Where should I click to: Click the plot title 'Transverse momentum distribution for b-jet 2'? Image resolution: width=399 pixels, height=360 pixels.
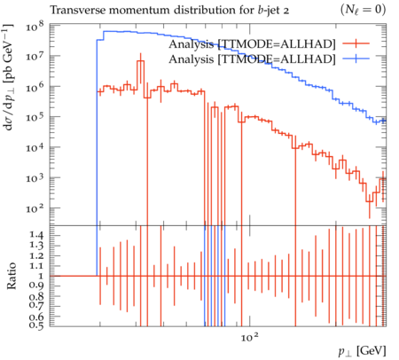coord(169,11)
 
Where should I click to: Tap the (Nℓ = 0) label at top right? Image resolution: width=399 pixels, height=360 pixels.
coord(363,10)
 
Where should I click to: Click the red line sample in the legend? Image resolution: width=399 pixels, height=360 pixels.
coord(356,43)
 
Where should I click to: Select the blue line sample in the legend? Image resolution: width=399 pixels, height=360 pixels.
coord(356,59)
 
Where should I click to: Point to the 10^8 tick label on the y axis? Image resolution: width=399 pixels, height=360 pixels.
coord(35,27)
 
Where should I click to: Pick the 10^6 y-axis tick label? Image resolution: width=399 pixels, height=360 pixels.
coord(35,87)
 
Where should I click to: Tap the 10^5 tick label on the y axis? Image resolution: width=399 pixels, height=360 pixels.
coord(35,117)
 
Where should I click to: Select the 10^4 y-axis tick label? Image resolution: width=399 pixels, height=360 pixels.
coord(35,147)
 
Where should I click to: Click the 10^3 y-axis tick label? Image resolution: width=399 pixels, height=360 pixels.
coord(35,178)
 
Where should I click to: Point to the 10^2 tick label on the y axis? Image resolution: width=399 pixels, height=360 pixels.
coord(35,208)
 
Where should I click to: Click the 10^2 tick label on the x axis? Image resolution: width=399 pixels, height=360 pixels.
coord(250,336)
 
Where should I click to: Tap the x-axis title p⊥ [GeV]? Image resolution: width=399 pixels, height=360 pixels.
coord(362,351)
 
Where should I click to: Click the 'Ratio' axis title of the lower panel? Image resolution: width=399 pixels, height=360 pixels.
coord(12,276)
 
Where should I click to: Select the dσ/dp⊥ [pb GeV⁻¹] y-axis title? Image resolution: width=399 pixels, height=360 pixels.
coord(8,77)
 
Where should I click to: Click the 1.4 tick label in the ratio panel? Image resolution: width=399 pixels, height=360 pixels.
coord(36,235)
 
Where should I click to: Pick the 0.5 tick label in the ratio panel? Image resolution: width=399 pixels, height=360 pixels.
coord(36,325)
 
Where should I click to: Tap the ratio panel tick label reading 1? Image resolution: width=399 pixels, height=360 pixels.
coord(41,276)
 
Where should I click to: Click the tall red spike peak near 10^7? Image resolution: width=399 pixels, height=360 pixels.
coord(141,61)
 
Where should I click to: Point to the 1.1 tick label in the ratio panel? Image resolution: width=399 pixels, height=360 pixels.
coord(36,265)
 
